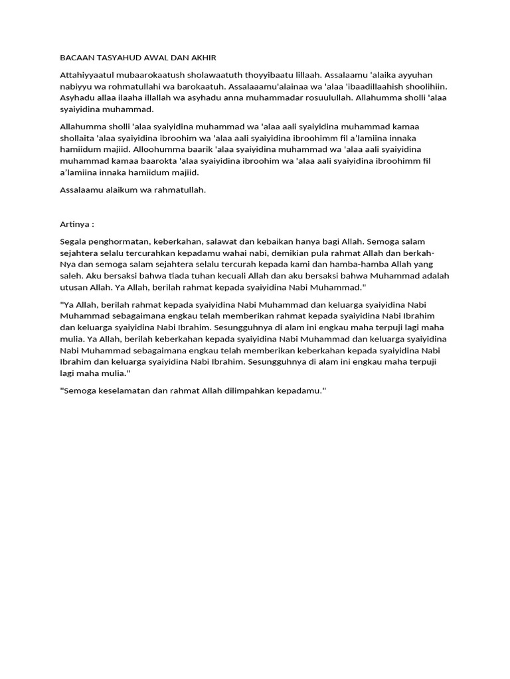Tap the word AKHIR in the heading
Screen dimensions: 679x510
202,58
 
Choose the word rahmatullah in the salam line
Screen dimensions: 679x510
179,190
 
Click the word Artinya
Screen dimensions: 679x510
74,224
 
